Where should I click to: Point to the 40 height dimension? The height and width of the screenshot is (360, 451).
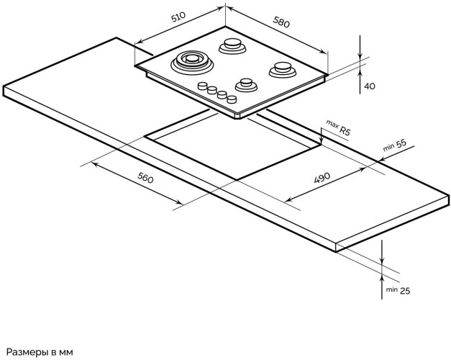click(x=370, y=86)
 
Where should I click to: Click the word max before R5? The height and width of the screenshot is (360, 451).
click(x=332, y=125)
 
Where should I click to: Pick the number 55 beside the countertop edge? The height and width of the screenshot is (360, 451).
click(x=401, y=143)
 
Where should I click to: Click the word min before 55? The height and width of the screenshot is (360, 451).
click(x=388, y=147)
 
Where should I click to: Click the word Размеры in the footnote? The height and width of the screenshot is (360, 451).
click(x=29, y=351)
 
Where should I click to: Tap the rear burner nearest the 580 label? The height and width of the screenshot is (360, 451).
click(x=233, y=45)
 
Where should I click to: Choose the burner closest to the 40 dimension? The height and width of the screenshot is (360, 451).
click(x=282, y=70)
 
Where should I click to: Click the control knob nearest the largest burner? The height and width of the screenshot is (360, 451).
click(x=202, y=86)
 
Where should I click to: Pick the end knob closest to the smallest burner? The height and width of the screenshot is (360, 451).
click(x=232, y=99)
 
